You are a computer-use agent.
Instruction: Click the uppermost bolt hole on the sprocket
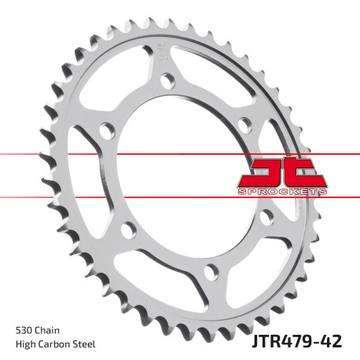167,79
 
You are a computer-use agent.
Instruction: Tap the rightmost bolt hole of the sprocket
245,124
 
